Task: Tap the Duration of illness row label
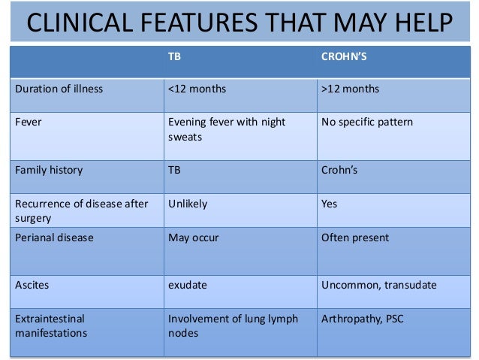tap(59, 89)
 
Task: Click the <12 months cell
tap(197, 89)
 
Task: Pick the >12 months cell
tap(350, 89)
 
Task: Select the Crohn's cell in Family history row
tap(339, 170)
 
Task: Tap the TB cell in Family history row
tap(175, 170)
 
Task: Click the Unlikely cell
tap(188, 204)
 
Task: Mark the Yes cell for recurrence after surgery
tap(330, 204)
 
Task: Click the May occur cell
tap(194, 237)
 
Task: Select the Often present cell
tap(354, 237)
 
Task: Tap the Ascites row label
tap(32, 285)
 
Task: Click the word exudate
tap(188, 285)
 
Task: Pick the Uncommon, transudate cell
tap(378, 285)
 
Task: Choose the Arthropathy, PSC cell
tap(362, 319)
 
